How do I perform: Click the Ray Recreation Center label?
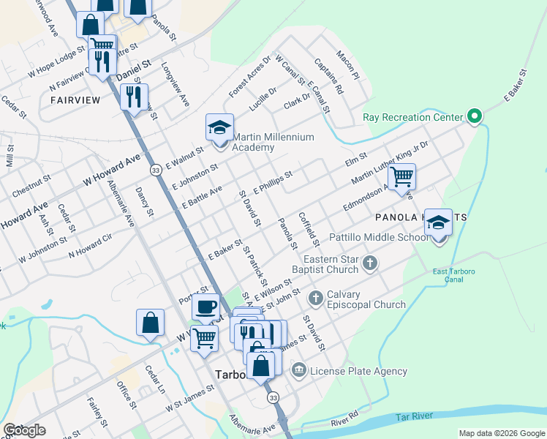413,117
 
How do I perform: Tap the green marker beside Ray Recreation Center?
475,116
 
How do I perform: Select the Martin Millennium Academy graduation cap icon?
219,128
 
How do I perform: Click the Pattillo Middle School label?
378,238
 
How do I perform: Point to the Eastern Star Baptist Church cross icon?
371,263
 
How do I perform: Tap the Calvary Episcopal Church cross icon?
316,298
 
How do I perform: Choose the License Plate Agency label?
358,371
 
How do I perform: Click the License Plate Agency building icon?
298,371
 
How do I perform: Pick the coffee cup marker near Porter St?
206,307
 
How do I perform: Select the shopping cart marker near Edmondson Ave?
401,176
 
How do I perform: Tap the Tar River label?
413,416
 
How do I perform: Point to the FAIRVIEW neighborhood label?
75,99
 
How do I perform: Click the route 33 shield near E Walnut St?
155,170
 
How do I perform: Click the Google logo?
24,430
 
